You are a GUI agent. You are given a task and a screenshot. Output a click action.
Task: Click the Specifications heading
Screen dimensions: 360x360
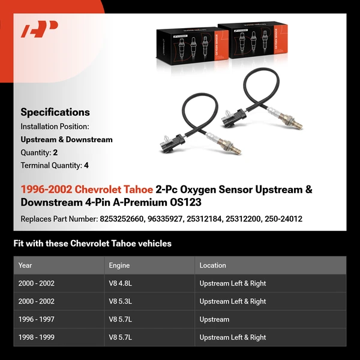pos(55,112)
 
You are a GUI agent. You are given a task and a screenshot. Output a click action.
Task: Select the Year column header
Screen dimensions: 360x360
pos(25,265)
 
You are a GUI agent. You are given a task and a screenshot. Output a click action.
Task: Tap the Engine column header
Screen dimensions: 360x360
pos(119,265)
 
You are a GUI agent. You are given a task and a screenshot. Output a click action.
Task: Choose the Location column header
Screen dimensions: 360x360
pos(212,265)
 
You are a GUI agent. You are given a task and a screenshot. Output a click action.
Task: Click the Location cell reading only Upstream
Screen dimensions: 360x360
pos(214,319)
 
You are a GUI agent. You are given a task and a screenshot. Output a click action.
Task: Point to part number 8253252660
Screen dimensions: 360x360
pos(121,219)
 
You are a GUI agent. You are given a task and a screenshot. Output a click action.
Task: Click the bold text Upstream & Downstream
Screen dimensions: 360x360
pos(67,139)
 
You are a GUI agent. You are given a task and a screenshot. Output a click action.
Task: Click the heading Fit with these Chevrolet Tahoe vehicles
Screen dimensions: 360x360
pos(92,244)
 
